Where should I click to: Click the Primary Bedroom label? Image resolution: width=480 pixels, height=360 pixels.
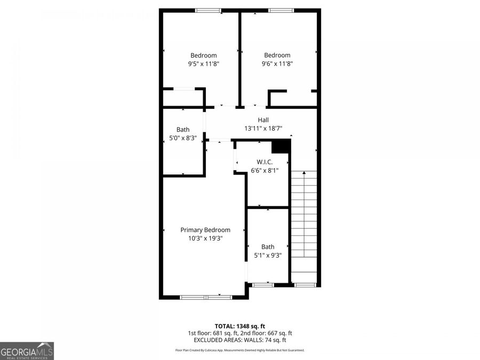(205, 230)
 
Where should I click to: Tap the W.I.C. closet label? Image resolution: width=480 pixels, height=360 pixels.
(265, 162)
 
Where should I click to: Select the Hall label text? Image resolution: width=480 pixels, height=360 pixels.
(263, 120)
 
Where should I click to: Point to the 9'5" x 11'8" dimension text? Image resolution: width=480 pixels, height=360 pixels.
(204, 63)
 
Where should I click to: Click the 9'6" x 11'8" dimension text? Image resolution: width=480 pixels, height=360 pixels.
(277, 63)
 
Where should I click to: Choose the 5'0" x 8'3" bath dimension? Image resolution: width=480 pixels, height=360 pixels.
(183, 138)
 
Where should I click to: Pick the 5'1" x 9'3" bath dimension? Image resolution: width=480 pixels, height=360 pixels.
(268, 255)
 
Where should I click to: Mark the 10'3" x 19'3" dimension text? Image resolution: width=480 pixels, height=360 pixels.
(205, 238)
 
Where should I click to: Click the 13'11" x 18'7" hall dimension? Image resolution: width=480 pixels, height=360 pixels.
(263, 129)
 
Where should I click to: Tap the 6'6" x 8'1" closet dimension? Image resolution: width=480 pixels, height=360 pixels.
(265, 171)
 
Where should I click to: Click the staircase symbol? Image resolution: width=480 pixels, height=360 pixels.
(304, 224)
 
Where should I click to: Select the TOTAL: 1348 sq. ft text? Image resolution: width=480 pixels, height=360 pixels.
(239, 325)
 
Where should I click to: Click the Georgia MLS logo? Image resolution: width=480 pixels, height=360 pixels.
(27, 351)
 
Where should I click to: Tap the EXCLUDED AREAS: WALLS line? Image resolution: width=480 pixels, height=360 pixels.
(239, 340)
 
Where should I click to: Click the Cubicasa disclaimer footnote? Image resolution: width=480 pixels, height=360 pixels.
(239, 350)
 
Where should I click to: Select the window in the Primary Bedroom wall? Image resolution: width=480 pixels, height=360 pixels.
(206, 297)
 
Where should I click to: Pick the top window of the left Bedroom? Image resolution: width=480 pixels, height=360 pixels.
(208, 10)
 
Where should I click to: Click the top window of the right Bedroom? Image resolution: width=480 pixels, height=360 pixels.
(281, 10)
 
